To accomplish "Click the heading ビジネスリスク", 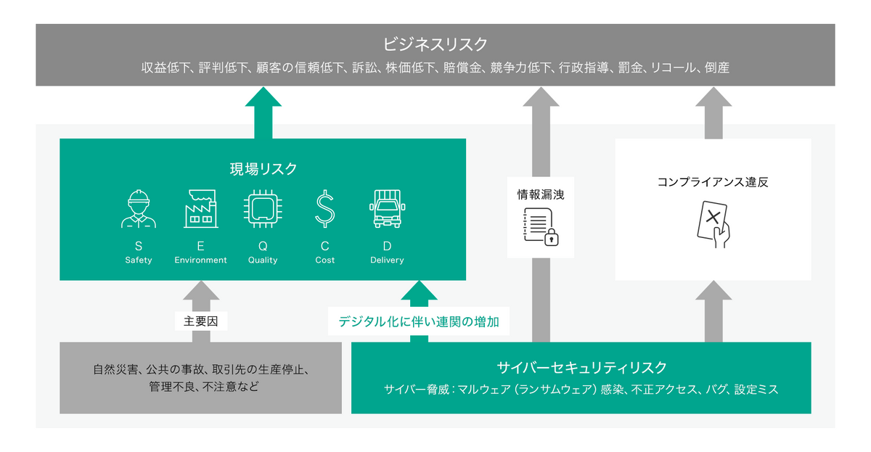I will (435, 44).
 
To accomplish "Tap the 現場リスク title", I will (263, 169).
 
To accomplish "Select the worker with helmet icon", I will (138, 210).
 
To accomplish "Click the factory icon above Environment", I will (200, 210).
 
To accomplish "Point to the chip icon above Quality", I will (262, 210).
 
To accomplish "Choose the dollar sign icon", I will (324, 210).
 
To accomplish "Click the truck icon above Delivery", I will (387, 210).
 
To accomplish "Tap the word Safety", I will (138, 260).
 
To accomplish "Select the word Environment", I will (200, 260).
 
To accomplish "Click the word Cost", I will (324, 260).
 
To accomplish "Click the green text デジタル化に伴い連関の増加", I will (419, 321).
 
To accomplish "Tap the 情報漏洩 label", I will (541, 194).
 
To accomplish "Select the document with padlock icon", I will (541, 226).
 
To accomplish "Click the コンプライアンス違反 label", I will (713, 182).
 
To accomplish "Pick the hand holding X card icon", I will (713, 224).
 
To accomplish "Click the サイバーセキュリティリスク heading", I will (581, 367).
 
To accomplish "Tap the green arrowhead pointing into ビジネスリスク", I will (263, 100).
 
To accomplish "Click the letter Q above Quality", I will (262, 246).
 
